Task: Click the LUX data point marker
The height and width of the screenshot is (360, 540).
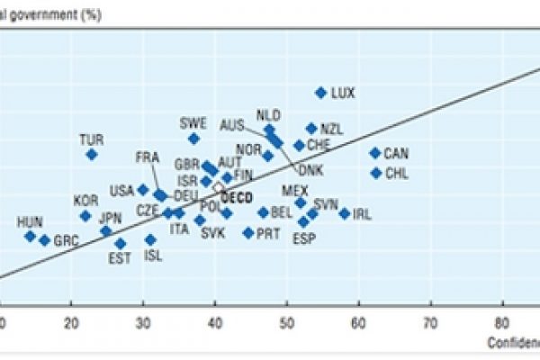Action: click(x=320, y=92)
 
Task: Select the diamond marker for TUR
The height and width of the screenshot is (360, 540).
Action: click(x=92, y=154)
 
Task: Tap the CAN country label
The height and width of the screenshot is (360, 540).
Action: click(x=396, y=154)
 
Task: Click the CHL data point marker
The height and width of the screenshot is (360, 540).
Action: click(x=376, y=172)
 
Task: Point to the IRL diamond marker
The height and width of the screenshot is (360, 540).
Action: click(x=345, y=213)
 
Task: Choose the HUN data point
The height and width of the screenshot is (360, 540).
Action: click(x=30, y=236)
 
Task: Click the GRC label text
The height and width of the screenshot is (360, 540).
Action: click(x=67, y=240)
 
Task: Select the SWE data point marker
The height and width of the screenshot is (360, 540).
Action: click(x=193, y=139)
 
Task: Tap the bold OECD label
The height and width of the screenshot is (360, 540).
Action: click(x=237, y=197)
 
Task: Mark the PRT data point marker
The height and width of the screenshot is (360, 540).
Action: click(x=248, y=232)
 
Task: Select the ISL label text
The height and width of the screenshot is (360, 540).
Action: click(x=154, y=255)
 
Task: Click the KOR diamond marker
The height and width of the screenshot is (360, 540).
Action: click(x=85, y=216)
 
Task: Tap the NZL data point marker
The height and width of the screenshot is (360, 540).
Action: click(x=311, y=129)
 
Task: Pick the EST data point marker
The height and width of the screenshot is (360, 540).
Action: click(x=121, y=243)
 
